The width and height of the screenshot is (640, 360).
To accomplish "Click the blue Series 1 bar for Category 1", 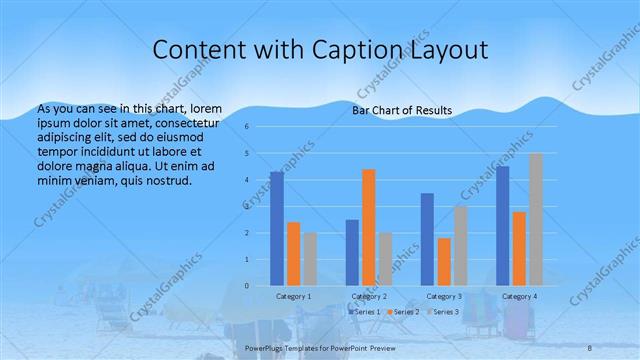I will (277, 229).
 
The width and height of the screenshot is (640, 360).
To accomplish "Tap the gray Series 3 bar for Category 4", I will (536, 220).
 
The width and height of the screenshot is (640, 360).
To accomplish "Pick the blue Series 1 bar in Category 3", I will (427, 240).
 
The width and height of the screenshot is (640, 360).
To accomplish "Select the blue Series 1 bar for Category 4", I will (503, 226).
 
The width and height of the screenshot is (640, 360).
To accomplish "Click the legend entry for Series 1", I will (366, 312).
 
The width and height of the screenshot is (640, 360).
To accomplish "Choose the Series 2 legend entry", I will (403, 312).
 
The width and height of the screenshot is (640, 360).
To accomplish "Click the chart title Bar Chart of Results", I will (402, 110).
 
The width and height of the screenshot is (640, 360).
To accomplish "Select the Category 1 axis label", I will (294, 297).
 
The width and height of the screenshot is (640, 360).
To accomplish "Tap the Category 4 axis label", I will (519, 297).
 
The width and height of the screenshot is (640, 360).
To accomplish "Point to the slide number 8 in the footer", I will (590, 346).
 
